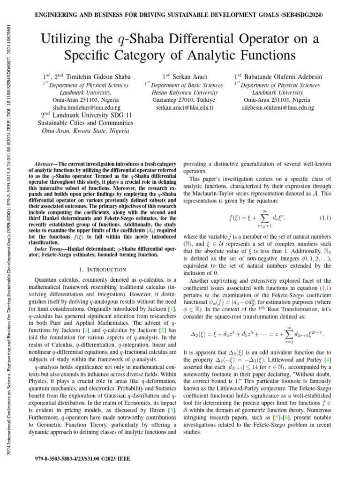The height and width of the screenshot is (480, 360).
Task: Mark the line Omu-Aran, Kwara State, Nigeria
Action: click(x=85, y=131)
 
